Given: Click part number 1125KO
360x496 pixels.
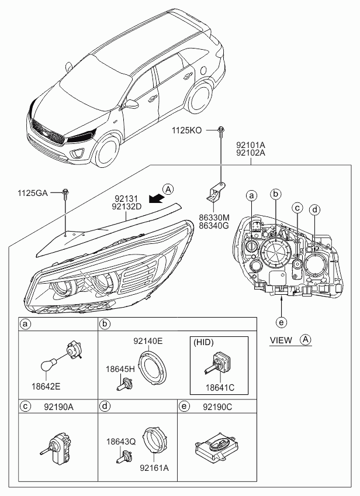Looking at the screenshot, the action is pyautogui.click(x=187, y=130).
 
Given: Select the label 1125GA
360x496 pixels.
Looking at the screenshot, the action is pyautogui.click(x=33, y=193).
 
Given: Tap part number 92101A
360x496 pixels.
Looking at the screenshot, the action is pyautogui.click(x=251, y=145).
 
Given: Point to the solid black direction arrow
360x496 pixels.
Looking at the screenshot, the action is pyautogui.click(x=157, y=199).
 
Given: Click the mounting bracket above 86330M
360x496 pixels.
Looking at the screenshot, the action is pyautogui.click(x=215, y=192).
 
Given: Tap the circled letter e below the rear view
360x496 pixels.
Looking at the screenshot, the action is pyautogui.click(x=281, y=322).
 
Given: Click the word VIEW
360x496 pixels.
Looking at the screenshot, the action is pyautogui.click(x=281, y=340).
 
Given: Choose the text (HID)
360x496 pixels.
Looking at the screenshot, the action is pyautogui.click(x=203, y=342).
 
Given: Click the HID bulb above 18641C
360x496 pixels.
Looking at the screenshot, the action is pyautogui.click(x=219, y=362).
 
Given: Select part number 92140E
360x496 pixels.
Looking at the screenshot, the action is pyautogui.click(x=148, y=341).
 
